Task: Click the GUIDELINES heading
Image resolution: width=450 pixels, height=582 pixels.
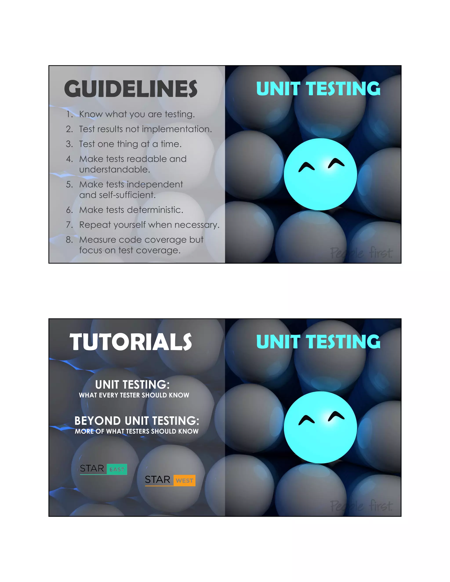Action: point(131,89)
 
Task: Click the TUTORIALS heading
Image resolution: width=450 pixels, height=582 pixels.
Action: point(131,342)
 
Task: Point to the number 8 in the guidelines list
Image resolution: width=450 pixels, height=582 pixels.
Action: point(69,240)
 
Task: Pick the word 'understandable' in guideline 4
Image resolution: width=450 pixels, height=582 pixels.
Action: point(115,170)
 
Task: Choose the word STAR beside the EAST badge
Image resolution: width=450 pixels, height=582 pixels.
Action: point(92,468)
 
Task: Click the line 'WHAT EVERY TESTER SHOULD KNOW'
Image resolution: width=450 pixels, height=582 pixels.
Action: point(134,395)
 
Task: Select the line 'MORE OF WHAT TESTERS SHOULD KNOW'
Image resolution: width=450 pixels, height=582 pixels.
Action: point(136,431)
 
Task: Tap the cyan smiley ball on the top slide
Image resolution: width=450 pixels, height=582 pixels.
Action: point(320,174)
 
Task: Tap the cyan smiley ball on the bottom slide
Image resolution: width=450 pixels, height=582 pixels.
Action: point(320,427)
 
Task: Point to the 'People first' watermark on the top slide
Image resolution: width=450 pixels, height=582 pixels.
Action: point(361,253)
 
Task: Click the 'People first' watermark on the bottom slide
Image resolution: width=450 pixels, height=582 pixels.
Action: point(361,506)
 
